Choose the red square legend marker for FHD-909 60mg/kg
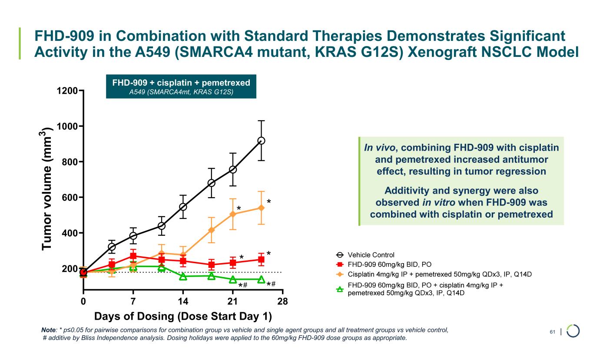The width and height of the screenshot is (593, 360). [x=340, y=264]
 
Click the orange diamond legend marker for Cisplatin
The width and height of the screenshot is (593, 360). [x=340, y=274]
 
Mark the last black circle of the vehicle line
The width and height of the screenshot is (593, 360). [x=261, y=141]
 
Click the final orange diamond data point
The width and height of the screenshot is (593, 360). [x=261, y=208]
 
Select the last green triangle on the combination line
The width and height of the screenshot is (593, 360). [x=261, y=279]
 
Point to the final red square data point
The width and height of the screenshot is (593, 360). [x=261, y=260]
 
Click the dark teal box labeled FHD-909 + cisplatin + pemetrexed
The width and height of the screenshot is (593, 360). [x=181, y=86]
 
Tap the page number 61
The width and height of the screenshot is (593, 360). [x=553, y=332]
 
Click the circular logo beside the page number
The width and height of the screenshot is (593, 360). [x=573, y=331]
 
